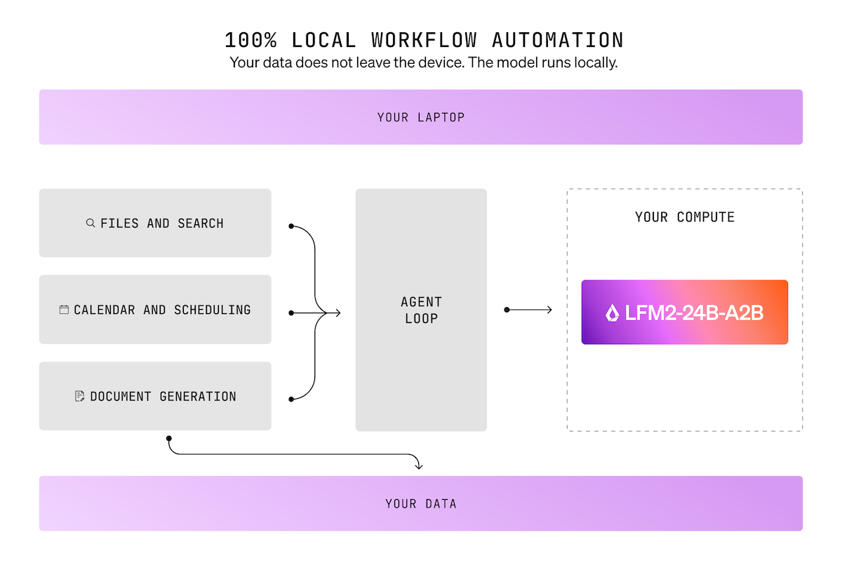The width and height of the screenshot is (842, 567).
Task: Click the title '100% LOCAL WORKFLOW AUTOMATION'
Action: click(424, 39)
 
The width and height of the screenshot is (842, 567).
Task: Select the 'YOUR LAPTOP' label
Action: click(421, 117)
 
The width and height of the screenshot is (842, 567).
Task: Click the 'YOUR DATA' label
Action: click(421, 503)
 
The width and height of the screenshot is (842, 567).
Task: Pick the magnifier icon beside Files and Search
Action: click(91, 223)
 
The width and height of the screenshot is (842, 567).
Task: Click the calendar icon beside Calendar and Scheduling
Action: click(64, 309)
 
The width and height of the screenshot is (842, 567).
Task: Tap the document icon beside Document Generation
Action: click(80, 396)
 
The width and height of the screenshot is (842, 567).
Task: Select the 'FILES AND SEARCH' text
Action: click(162, 223)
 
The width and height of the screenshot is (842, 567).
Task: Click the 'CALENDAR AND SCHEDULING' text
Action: click(162, 309)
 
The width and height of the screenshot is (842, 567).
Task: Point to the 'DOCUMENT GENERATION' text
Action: click(163, 396)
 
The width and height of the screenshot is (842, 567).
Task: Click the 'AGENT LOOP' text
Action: click(421, 310)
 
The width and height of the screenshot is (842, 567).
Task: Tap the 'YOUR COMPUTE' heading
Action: click(684, 217)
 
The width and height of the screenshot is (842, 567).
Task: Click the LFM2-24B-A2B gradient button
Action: click(684, 313)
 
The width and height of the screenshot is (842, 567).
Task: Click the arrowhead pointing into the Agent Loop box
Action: click(338, 313)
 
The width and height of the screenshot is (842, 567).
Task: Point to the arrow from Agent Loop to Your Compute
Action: click(530, 309)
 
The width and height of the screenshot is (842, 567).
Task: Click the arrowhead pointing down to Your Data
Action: click(419, 465)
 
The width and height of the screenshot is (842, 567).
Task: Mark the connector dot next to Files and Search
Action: click(291, 226)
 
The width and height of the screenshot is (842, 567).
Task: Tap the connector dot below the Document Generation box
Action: click(168, 438)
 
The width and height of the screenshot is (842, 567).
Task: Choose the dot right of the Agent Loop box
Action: click(507, 309)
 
